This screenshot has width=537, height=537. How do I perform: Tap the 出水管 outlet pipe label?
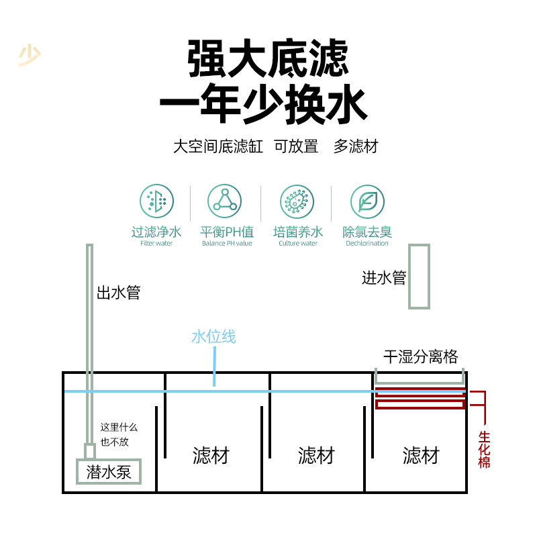tap(119, 293)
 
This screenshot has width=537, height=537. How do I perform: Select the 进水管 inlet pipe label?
tap(384, 278)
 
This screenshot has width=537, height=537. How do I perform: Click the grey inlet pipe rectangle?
tap(419, 277)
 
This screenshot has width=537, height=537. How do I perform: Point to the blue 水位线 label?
tap(213, 337)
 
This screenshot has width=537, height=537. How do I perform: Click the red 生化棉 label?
tap(484, 450)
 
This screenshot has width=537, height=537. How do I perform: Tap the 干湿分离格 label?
tap(420, 356)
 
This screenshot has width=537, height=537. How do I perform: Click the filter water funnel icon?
tap(156, 201)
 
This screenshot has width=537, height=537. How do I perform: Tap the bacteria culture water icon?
tap(297, 201)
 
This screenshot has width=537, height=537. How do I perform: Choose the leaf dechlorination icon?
tap(367, 201)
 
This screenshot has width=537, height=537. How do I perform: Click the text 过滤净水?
tap(156, 232)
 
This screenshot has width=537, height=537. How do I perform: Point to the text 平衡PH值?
tap(227, 232)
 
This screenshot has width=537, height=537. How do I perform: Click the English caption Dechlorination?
tap(367, 244)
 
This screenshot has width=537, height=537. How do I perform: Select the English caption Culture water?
tap(297, 244)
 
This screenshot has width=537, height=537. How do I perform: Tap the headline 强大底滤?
tap(268, 59)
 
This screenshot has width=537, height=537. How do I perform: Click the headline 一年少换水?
tap(263, 106)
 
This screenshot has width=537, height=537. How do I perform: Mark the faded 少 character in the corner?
tap(29, 56)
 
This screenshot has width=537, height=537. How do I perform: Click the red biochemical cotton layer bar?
tap(420, 404)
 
